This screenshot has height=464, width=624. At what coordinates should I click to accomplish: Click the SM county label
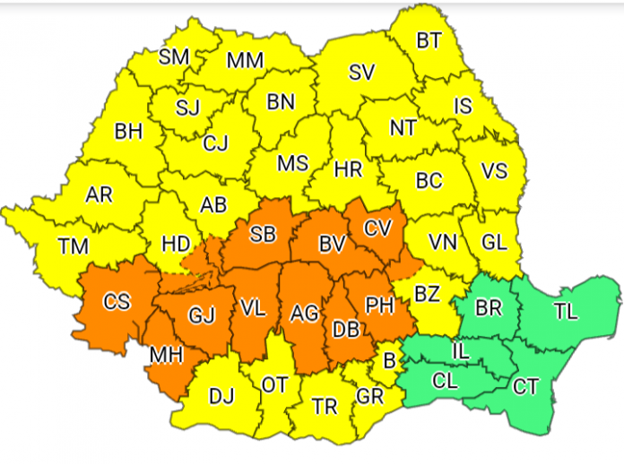click(x=173, y=56)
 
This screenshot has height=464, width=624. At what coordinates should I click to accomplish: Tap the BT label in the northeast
click(x=429, y=40)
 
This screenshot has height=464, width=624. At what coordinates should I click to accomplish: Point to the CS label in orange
click(x=117, y=302)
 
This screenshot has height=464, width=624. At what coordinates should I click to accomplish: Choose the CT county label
click(x=525, y=387)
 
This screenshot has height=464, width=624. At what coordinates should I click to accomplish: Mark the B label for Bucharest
click(x=388, y=360)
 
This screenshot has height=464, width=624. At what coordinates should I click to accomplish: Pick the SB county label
click(x=263, y=235)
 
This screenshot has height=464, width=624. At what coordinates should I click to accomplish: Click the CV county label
click(x=377, y=228)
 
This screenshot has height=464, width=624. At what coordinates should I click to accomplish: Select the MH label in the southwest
click(x=167, y=355)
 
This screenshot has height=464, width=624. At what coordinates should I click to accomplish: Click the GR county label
click(x=370, y=395)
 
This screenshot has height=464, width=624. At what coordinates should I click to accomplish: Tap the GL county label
click(x=493, y=241)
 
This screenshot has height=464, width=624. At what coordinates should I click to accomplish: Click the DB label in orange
click(x=346, y=330)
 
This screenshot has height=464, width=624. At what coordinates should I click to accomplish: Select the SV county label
click(x=360, y=73)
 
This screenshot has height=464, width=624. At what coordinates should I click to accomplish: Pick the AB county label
click(x=213, y=204)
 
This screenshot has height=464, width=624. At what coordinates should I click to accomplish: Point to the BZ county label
click(x=428, y=291)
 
